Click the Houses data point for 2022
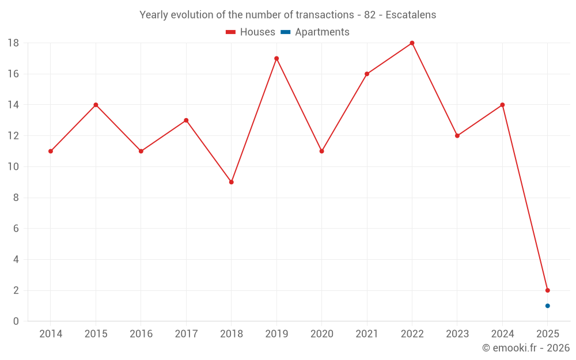pos(412,43)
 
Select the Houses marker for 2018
pos(231,182)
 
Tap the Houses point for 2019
pos(276,58)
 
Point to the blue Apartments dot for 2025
pos(547,306)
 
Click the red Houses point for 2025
pos(547,290)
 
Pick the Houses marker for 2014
pos(51,151)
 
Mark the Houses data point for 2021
pos(367,74)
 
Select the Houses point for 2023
pos(457,136)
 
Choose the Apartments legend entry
pos(321,32)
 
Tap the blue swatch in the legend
pos(285,32)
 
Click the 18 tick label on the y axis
pos(13,43)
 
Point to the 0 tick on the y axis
pos(16,321)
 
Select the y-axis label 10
pos(13,167)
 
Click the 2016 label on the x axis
pos(141,334)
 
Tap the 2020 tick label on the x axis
pos(321,334)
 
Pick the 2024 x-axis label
pos(502,334)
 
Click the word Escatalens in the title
pos(410,15)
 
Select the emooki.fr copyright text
pos(525,348)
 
